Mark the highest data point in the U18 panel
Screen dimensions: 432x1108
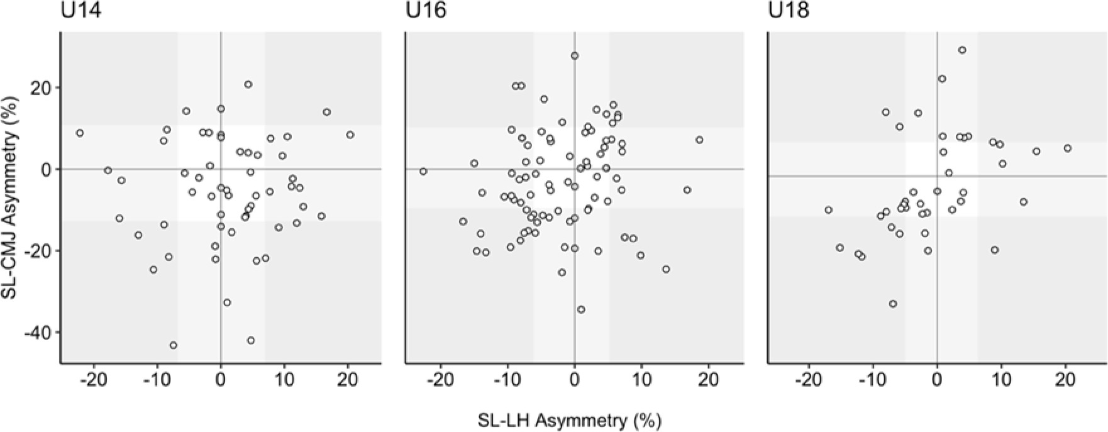pos(962,50)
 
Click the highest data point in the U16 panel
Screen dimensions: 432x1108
pos(575,56)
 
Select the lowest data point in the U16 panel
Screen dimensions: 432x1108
pos(581,309)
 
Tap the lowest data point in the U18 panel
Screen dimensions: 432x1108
pos(892,304)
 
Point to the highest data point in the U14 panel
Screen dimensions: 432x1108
pos(248,84)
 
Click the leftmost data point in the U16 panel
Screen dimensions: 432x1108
pos(423,171)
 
